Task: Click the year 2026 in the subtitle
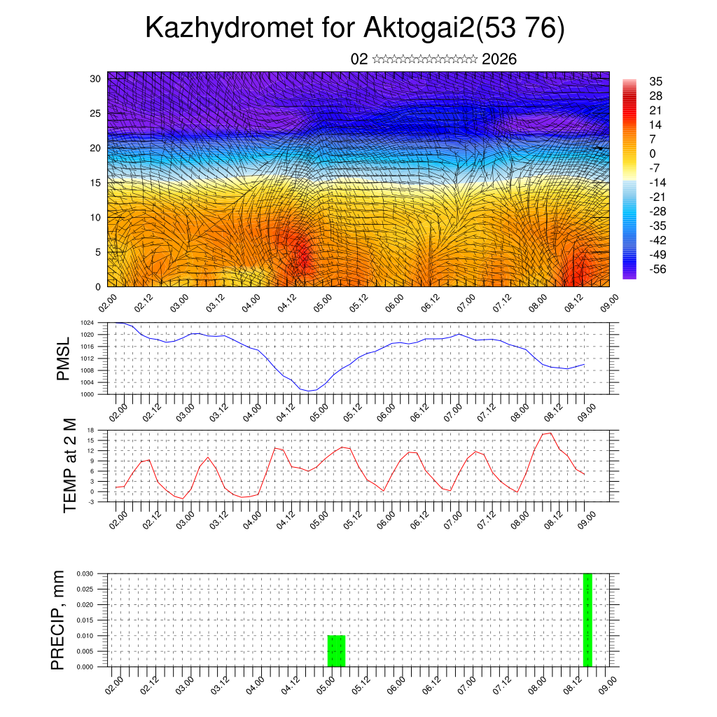(499, 59)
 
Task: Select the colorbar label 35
(656, 81)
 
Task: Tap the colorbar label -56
(657, 268)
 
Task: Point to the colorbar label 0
(653, 153)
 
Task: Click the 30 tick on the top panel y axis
(95, 78)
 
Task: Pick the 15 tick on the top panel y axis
(95, 183)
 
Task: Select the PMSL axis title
(64, 358)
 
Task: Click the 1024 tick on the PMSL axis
(87, 323)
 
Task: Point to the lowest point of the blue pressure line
(309, 391)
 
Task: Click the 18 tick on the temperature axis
(90, 430)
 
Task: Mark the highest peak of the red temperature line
(550, 433)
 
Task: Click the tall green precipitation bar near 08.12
(587, 620)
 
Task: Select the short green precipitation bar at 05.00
(336, 651)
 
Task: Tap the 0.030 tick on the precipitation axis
(83, 573)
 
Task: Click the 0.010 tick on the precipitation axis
(83, 636)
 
